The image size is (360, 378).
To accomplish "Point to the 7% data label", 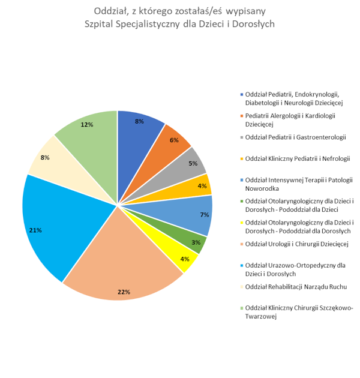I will click(205, 214).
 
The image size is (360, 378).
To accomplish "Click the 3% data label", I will click(196, 242).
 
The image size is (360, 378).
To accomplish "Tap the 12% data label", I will click(86, 125).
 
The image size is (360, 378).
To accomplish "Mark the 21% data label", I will click(35, 230).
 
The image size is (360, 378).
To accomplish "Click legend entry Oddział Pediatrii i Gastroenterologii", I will click(296, 137).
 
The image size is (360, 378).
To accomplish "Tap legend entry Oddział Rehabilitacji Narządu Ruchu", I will click(296, 286).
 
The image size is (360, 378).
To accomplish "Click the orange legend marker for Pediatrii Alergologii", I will click(242, 116).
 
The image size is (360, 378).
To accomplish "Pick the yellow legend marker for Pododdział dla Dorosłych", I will click(242, 223).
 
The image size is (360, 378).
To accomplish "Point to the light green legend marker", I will click(242, 308).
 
